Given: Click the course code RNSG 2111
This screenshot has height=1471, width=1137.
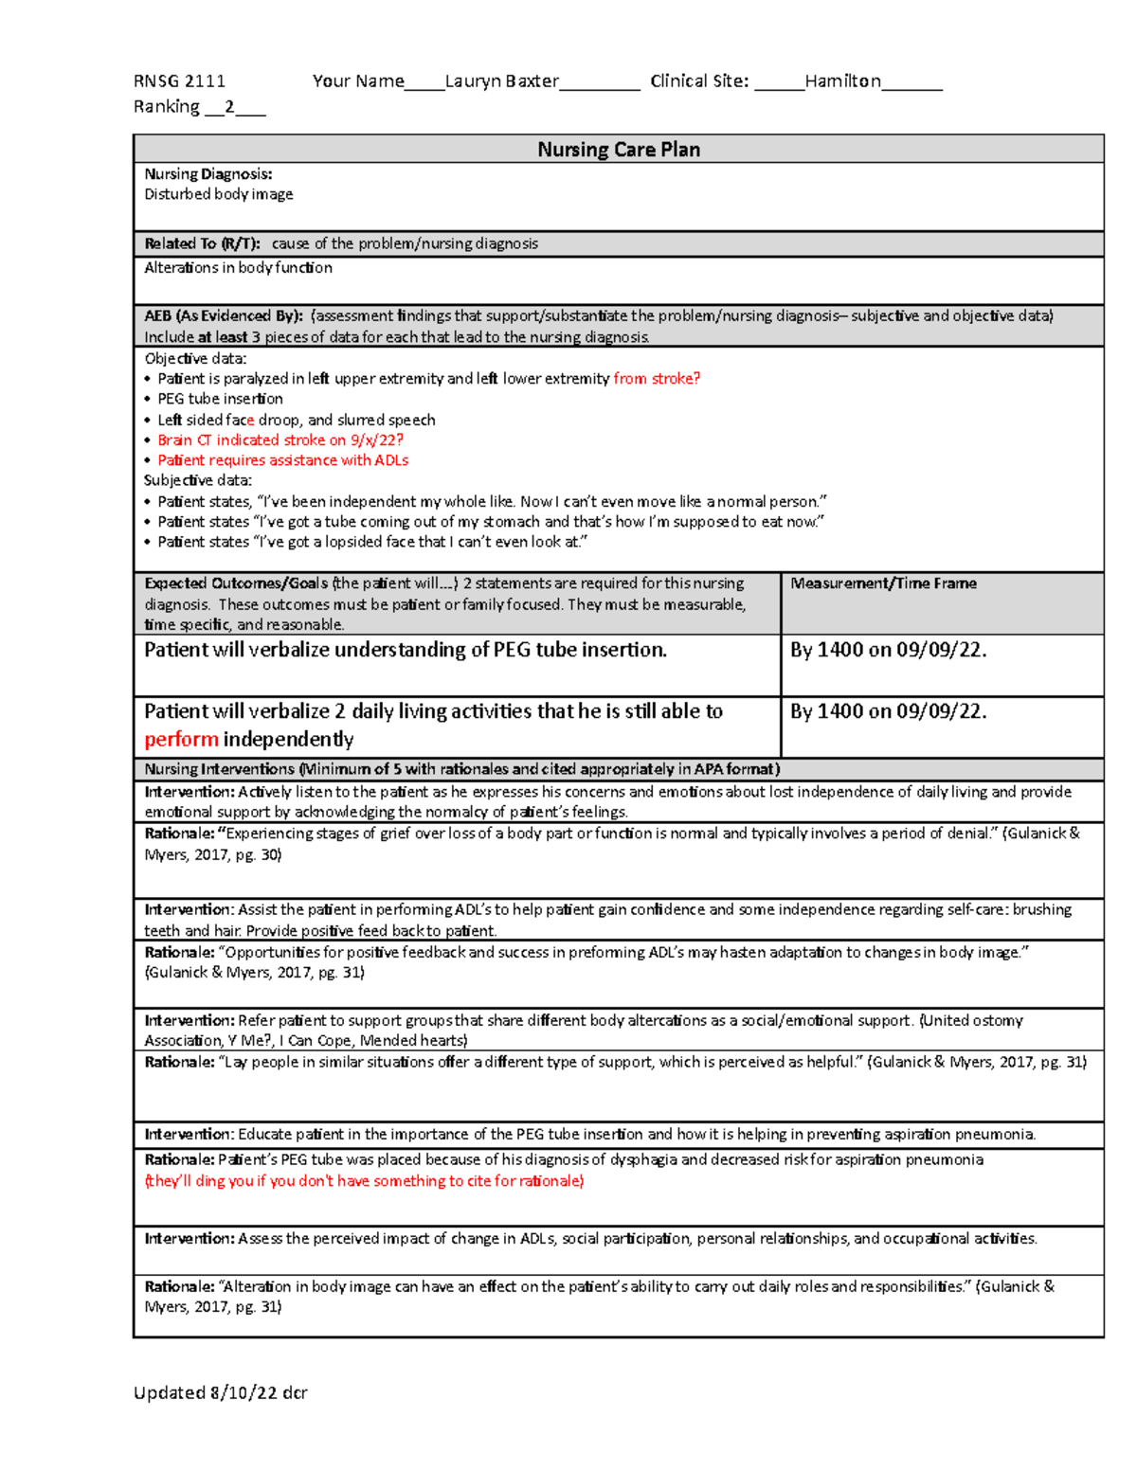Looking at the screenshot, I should pos(179,81).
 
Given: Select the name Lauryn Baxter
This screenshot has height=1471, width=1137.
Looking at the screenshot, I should pos(501,81).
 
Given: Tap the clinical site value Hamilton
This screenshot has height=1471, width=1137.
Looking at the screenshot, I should pos(842,81).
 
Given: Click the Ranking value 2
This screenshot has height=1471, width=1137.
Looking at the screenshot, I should pos(229,107).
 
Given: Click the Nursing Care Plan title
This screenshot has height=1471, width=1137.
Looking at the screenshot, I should pos(619,150).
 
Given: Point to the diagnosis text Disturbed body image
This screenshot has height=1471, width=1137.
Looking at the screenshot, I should pos(218,194).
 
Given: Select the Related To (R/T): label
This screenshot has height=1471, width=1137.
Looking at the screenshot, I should pos(202,243).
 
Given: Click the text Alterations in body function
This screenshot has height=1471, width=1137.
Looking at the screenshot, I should pos(238,268).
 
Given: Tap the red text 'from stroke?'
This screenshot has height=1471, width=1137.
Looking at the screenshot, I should pos(657,379).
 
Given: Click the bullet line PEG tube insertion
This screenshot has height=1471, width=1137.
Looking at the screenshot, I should pos(220,399).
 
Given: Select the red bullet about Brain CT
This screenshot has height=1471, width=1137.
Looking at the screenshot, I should pos(280,440).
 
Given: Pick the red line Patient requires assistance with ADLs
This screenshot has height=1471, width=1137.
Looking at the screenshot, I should pos(282,460).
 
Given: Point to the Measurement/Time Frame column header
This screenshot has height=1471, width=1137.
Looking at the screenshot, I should pos(883,583).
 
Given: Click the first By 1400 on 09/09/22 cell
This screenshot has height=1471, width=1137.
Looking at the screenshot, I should pos(888,650).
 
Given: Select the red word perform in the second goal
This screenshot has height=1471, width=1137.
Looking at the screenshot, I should pos(181,740).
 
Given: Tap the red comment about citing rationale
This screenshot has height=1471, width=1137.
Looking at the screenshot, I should pos(364,1181).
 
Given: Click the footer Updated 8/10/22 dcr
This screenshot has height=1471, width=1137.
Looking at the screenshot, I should pos(220,1392).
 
